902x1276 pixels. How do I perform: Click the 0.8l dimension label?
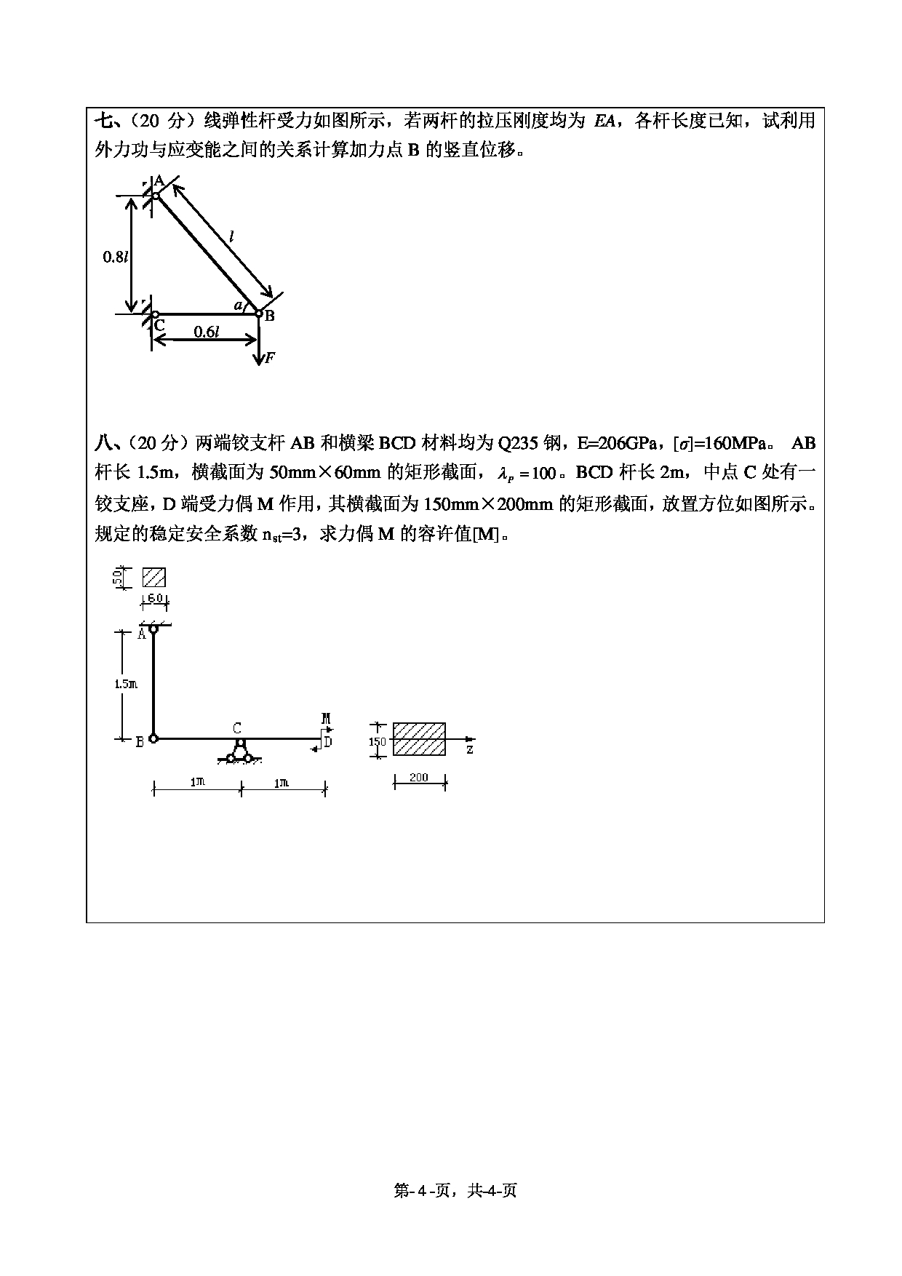[116, 256]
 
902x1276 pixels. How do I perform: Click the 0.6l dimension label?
[206, 332]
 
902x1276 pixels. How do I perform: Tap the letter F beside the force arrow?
[270, 357]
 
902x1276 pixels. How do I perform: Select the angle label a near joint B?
[238, 306]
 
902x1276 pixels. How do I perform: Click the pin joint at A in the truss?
[155, 195]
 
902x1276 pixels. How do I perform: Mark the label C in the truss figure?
[159, 325]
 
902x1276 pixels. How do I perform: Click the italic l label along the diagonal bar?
[231, 236]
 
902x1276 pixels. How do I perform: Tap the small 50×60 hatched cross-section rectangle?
[154, 578]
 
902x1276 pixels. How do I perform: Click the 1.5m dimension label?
[125, 684]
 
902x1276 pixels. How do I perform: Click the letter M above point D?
[326, 719]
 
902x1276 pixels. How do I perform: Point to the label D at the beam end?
[328, 741]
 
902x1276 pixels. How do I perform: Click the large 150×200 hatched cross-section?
[419, 739]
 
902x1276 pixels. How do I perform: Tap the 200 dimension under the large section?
[419, 778]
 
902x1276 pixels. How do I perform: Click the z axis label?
[470, 749]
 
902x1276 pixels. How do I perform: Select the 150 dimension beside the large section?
[377, 742]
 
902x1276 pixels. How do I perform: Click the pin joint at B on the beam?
[153, 738]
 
